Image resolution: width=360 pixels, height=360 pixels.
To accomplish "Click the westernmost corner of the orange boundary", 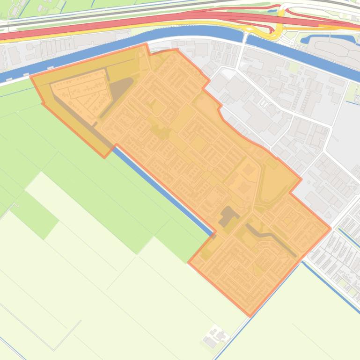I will click(x=31, y=76).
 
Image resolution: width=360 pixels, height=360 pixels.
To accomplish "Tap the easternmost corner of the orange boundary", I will click(x=331, y=228).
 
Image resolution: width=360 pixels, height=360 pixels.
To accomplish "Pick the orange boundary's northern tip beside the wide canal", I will click(x=147, y=44).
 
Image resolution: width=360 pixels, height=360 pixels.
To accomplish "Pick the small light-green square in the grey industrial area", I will click(x=294, y=67).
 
